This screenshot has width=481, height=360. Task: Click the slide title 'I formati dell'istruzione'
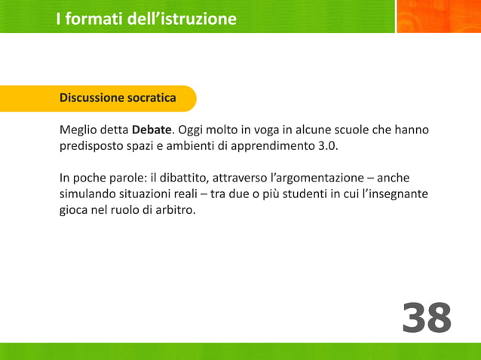coord(146,19)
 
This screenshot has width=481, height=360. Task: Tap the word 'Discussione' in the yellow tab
coord(92,98)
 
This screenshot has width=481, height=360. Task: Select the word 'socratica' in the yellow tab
coord(152,98)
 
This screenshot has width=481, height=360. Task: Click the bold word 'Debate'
coord(152,130)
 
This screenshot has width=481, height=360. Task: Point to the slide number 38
coord(427,318)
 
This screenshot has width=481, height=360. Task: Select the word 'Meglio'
coord(78,130)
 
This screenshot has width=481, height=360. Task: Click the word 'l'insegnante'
coord(392,194)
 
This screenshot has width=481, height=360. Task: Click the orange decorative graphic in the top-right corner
coord(438,17)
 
